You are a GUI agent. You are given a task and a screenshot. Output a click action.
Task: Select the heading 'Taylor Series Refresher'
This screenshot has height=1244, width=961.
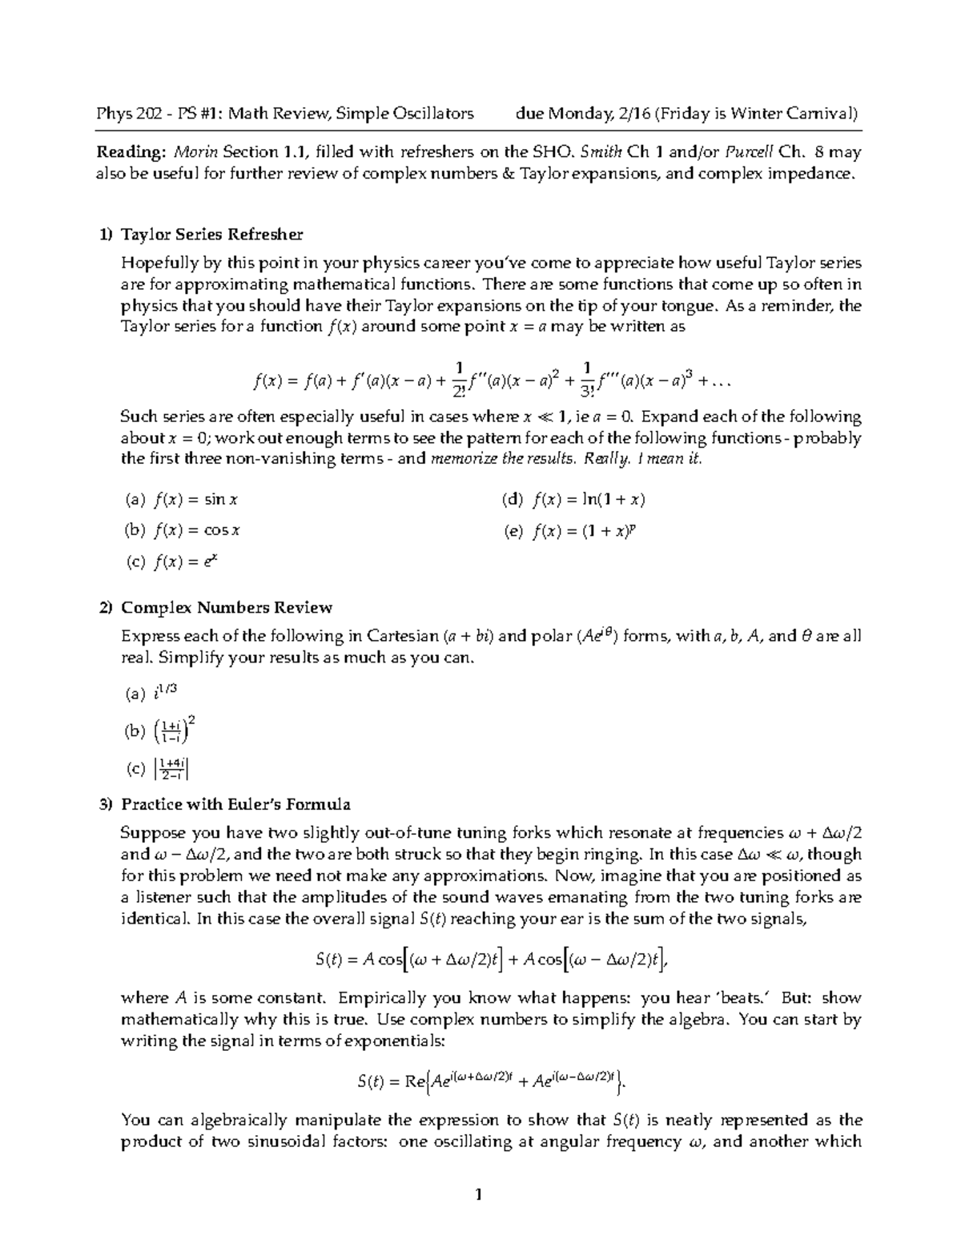pyautogui.click(x=211, y=235)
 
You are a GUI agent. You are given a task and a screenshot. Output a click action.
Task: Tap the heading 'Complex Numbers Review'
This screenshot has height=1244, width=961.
pyautogui.click(x=226, y=607)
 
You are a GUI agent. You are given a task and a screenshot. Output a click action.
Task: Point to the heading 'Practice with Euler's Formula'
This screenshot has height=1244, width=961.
pyautogui.click(x=235, y=803)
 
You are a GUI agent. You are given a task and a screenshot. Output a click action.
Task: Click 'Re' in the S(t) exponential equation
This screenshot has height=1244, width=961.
pyautogui.click(x=415, y=1082)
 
